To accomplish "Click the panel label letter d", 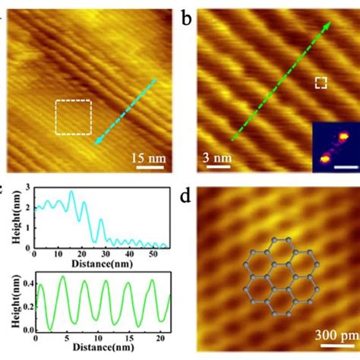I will click(x=188, y=200).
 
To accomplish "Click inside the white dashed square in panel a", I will click(x=73, y=118).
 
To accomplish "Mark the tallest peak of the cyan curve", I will click(x=71, y=192).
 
